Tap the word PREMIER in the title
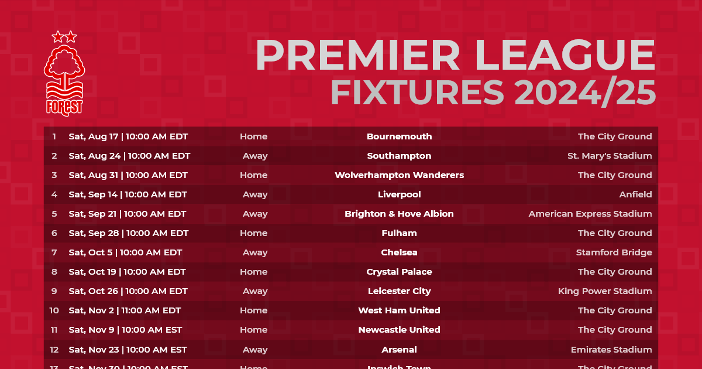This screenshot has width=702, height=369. (x=357, y=57)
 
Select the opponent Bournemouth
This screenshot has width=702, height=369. (x=399, y=136)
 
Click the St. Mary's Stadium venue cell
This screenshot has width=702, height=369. (x=610, y=156)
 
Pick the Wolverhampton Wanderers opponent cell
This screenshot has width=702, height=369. (x=399, y=175)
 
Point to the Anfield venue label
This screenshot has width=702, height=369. (x=635, y=194)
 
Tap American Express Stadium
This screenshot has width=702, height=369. (x=590, y=214)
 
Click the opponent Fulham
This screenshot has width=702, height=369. (x=399, y=233)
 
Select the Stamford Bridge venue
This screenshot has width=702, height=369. (x=614, y=252)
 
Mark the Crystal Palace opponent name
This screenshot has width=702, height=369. (x=399, y=272)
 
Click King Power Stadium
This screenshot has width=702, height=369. (x=605, y=291)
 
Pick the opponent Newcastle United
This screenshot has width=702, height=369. (x=399, y=330)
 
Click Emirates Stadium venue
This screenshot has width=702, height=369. (x=611, y=350)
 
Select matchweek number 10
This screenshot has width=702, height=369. (x=54, y=310)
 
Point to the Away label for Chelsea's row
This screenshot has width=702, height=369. (x=255, y=252)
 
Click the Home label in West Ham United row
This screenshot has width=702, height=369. (x=253, y=310)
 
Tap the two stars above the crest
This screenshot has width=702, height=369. (x=64, y=37)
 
